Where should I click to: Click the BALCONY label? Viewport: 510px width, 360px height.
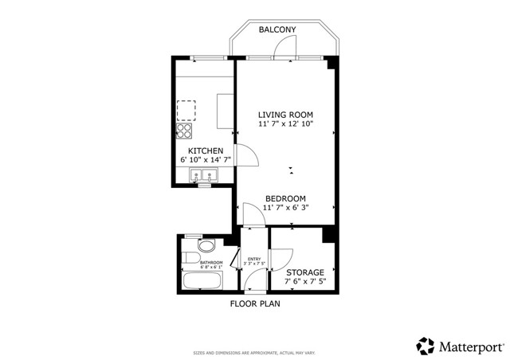277,29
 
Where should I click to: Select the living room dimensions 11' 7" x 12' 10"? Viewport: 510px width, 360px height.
284,124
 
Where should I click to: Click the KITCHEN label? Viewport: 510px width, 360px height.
205,151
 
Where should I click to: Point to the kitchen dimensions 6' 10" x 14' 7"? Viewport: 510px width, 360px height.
205,161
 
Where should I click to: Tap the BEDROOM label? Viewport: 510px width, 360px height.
285,198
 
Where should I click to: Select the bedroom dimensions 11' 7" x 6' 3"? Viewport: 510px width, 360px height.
285,208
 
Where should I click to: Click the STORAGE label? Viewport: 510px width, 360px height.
304,272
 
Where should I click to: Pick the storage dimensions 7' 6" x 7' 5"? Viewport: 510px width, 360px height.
304,283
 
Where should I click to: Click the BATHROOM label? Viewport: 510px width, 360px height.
211,263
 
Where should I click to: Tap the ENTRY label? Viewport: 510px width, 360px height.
254,259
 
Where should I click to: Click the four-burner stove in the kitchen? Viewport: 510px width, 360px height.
185,131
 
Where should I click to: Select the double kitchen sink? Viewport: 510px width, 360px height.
204,177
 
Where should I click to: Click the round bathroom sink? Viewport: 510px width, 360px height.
207,245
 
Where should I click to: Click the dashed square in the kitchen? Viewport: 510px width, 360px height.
186,108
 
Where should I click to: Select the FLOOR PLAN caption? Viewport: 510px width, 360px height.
255,303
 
